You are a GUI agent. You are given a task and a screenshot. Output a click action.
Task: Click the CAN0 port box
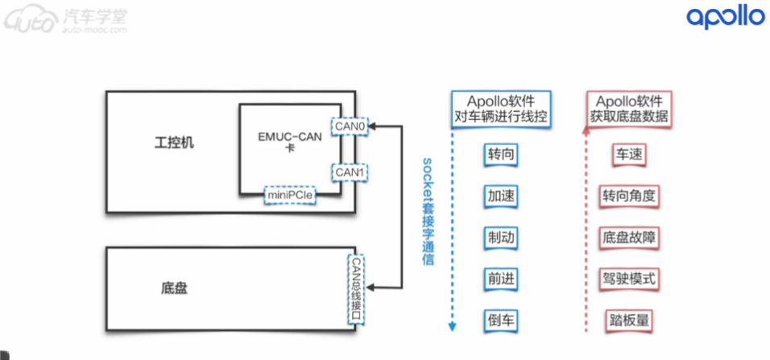[350, 126]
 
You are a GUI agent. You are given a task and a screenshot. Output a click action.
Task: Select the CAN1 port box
[350, 172]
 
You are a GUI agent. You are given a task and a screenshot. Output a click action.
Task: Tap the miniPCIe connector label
[291, 195]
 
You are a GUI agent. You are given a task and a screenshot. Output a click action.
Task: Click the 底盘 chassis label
[174, 288]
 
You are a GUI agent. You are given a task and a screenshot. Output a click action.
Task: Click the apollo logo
[724, 18]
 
